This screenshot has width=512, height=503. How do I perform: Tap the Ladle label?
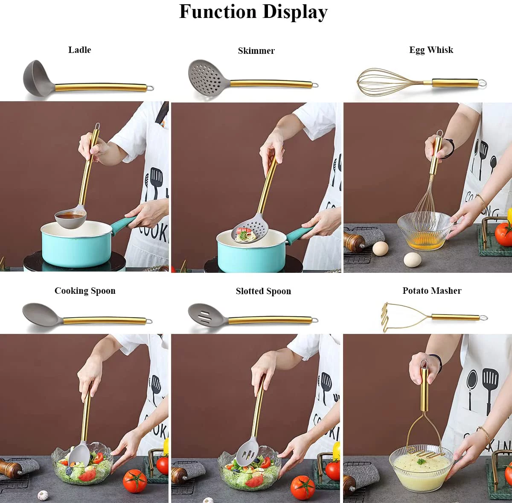pos(80,50)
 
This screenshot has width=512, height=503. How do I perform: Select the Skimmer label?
pos(256,51)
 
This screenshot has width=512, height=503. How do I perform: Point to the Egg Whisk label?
pos(431,50)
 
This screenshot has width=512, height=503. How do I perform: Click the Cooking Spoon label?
pos(85,291)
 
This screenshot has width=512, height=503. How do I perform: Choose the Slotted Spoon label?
pos(263,291)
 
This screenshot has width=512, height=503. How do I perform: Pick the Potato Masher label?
pos(432,291)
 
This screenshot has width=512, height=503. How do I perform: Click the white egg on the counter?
pos(412,259)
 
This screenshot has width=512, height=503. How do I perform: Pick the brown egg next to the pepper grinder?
pos(380,248)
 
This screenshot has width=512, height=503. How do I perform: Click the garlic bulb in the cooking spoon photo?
pos(43,495)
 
